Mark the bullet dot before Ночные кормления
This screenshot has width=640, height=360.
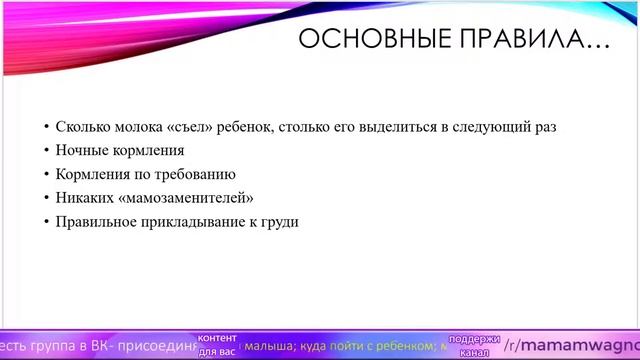point(46,151)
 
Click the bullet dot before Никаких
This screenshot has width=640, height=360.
point(46,198)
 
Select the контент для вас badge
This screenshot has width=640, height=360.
point(217,345)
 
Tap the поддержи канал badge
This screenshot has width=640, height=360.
point(474,345)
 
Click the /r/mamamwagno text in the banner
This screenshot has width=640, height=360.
point(571,345)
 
